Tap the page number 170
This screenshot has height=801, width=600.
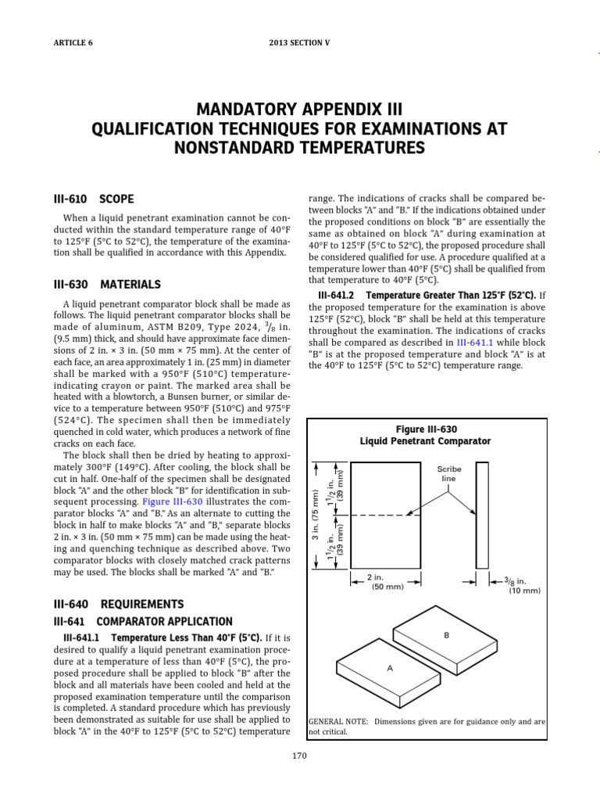(300, 756)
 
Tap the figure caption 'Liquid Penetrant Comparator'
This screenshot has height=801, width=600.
(425, 441)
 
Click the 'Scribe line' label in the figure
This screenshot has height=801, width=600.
(449, 473)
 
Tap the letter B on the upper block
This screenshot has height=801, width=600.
(447, 636)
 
